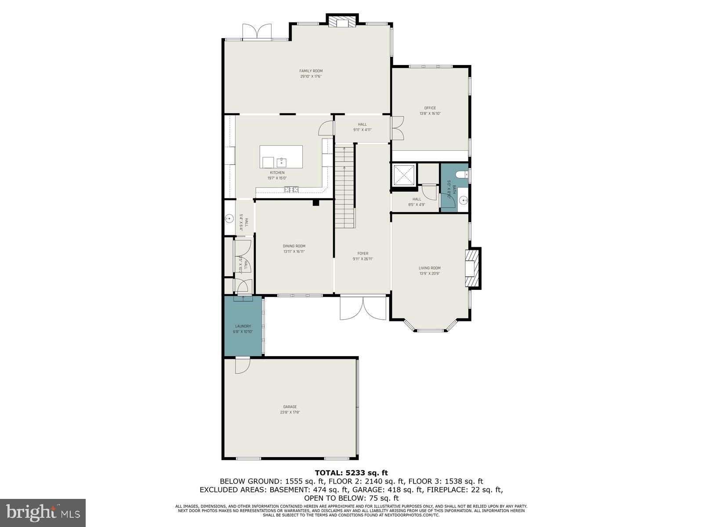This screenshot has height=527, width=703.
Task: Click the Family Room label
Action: [311, 71]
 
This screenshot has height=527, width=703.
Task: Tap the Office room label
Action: [430, 108]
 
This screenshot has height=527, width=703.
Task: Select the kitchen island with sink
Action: [281, 157]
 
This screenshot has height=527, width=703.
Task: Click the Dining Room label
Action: [294, 246]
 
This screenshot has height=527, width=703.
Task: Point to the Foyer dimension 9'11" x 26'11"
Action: [362, 259]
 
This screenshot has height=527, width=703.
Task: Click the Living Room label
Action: [429, 268]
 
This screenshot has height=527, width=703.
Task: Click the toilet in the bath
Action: [461, 175]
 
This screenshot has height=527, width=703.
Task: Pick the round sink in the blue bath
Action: [462, 201]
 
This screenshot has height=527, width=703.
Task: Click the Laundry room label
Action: [243, 326]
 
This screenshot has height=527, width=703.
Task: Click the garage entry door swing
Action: [242, 366]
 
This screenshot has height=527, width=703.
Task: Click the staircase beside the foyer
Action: [345, 187]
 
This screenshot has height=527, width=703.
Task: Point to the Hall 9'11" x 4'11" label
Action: [362, 127]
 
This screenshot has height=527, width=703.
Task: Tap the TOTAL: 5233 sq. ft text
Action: [351, 473]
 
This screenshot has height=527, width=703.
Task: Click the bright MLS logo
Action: [43, 513]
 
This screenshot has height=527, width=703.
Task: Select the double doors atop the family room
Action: [257, 32]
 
